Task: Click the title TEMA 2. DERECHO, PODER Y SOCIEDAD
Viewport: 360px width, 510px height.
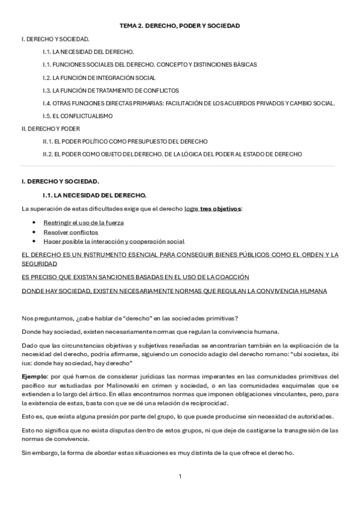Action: click(180, 26)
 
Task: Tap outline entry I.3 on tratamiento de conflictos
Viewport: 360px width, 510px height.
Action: click(111, 90)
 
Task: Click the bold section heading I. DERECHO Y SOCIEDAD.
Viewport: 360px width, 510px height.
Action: click(60, 181)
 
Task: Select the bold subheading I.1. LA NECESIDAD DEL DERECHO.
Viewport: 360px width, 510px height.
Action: click(94, 195)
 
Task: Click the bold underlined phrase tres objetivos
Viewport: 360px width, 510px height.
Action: click(221, 209)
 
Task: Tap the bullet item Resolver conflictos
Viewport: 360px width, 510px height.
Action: click(70, 232)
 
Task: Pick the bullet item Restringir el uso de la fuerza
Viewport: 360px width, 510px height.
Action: click(84, 223)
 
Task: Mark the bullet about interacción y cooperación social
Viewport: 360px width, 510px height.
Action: click(114, 241)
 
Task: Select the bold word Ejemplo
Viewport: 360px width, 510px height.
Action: click(34, 376)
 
